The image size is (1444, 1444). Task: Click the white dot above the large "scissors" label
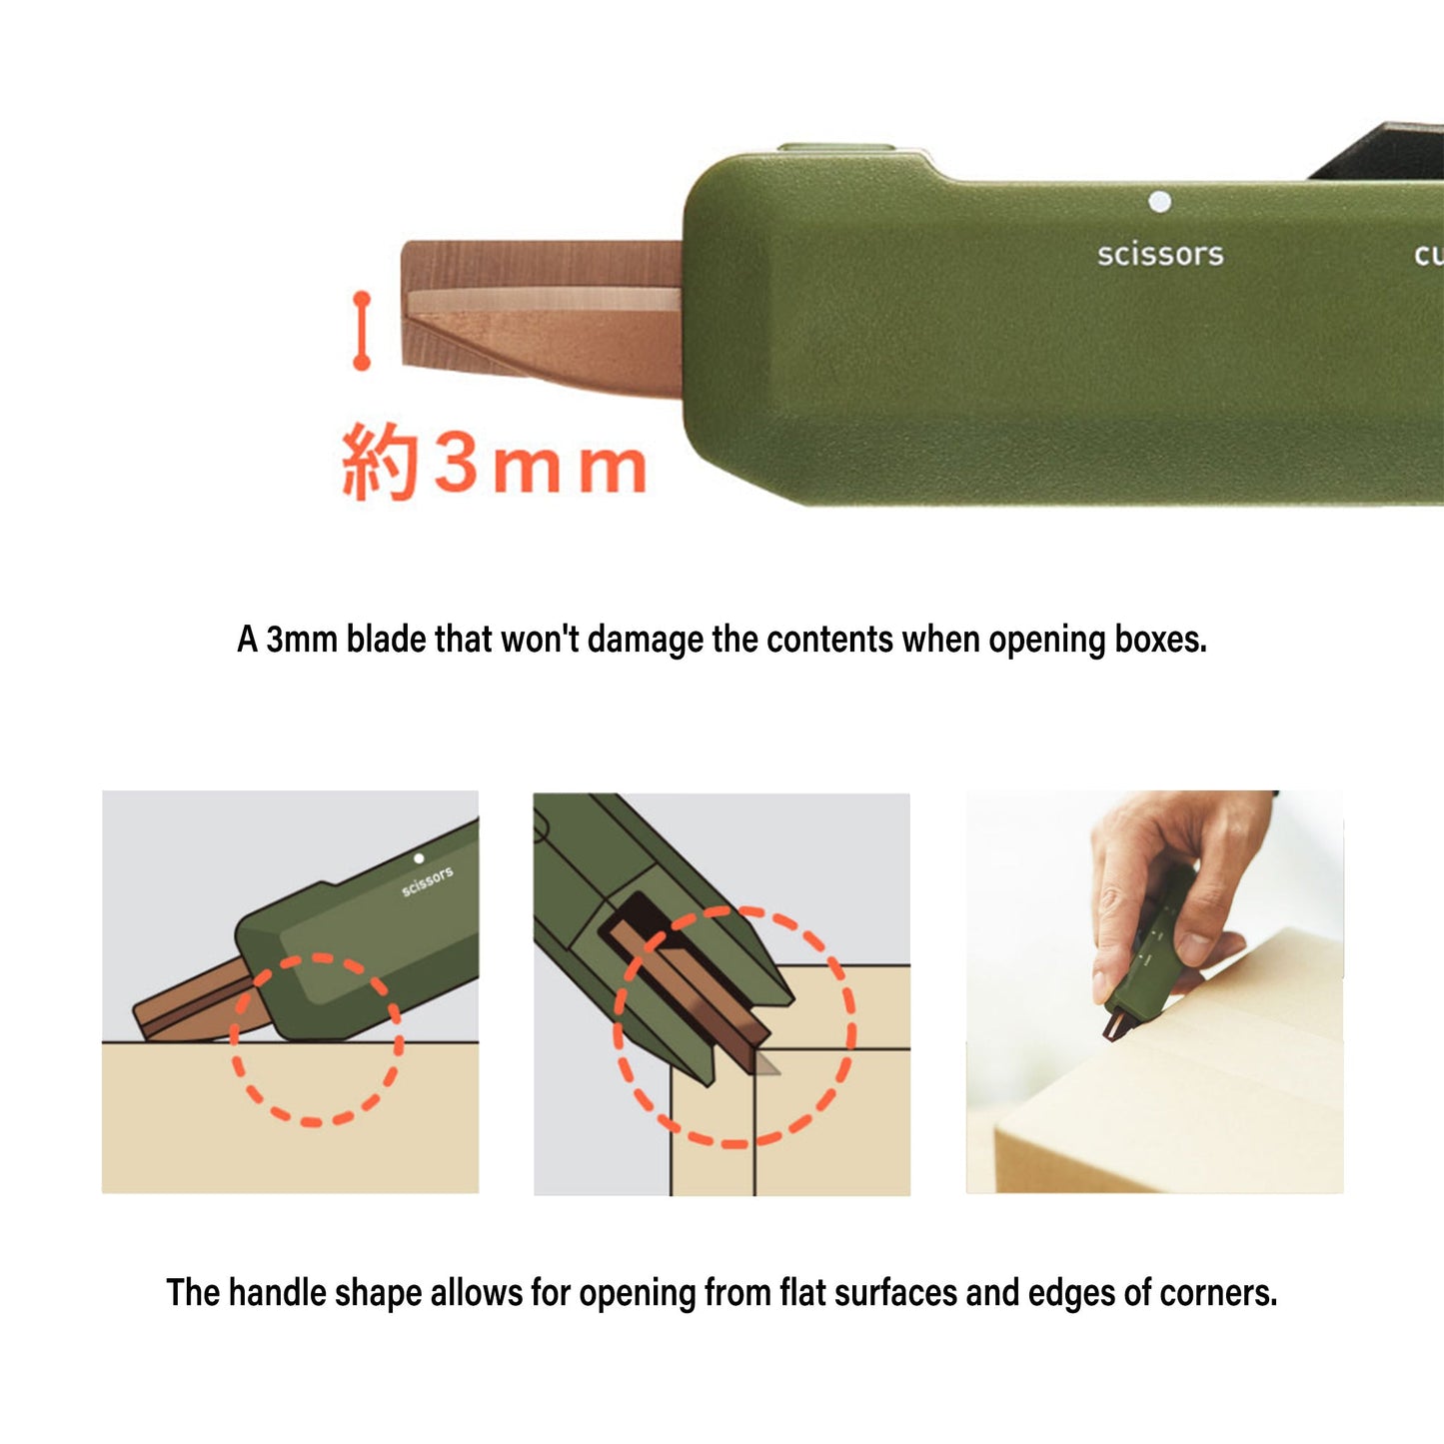pos(1159,202)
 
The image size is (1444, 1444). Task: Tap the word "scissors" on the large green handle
pos(1160,255)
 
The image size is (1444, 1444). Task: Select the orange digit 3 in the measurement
pos(457,463)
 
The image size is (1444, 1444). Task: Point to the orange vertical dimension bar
pos(362,331)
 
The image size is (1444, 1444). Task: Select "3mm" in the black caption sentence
pos(301,640)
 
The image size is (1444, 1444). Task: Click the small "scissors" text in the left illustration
pos(427,881)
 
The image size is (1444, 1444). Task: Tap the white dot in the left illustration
pos(419,858)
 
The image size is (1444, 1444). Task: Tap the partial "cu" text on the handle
pos(1428,255)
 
